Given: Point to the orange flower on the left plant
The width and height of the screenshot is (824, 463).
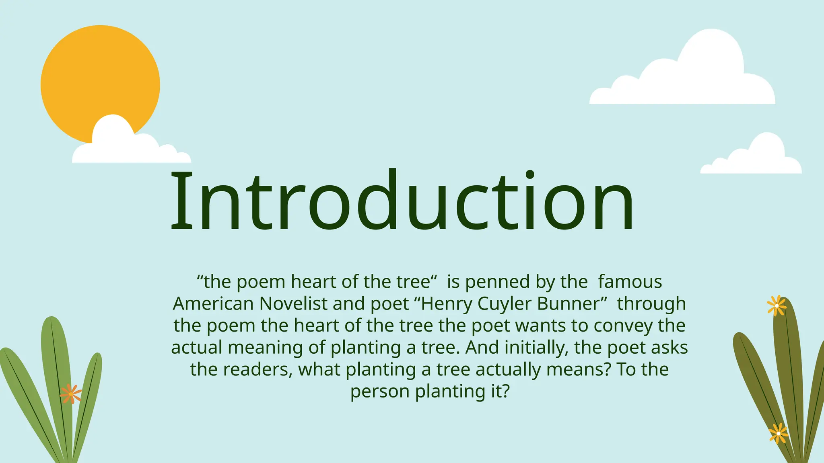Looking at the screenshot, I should (x=71, y=393).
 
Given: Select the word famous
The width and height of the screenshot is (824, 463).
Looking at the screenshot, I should (x=630, y=282).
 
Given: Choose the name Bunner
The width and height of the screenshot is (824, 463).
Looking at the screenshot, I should (x=571, y=304).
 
